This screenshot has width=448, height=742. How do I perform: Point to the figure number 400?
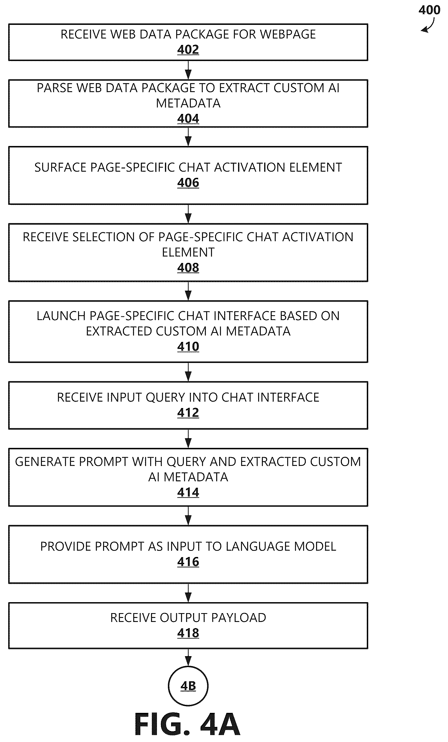(429, 10)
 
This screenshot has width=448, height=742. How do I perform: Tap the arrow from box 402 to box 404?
(188, 70)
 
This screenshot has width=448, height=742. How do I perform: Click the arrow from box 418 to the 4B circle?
(188, 658)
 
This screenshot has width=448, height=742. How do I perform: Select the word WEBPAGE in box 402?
(288, 34)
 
